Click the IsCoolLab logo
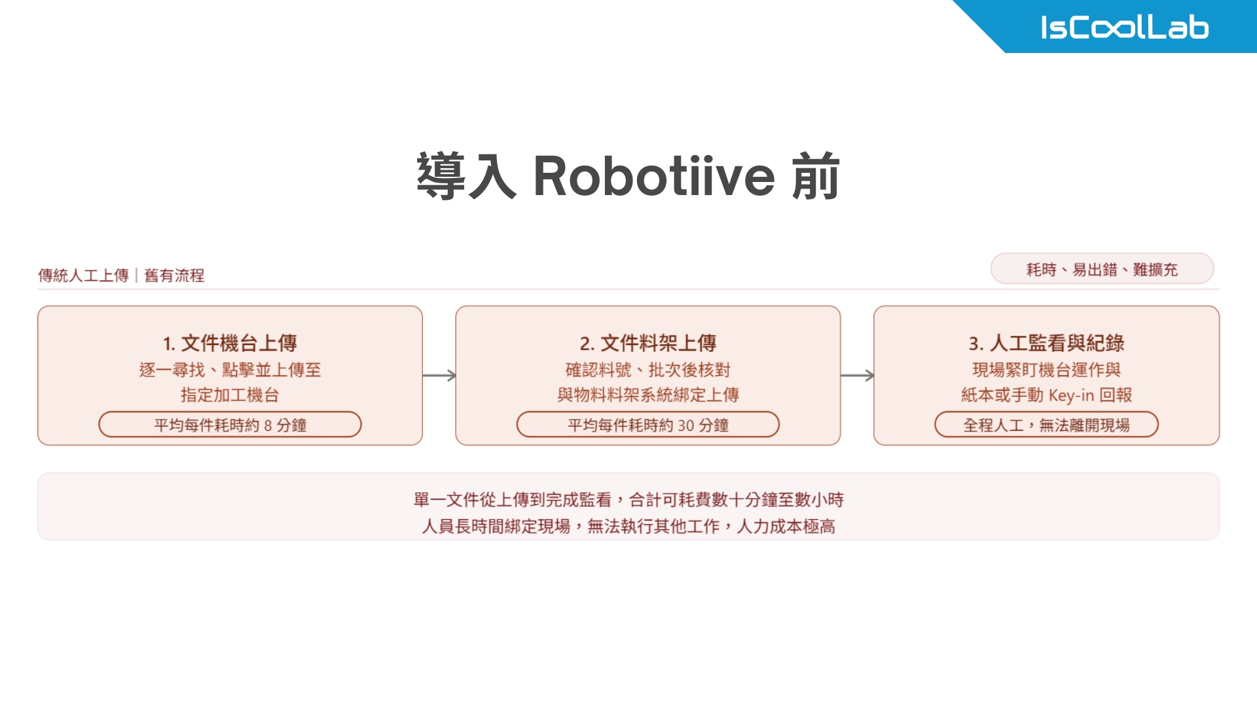(x=1124, y=27)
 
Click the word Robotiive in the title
(x=654, y=176)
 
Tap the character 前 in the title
(x=815, y=176)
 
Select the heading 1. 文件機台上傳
(x=230, y=343)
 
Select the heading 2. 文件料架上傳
(x=647, y=343)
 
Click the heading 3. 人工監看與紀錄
(x=1046, y=343)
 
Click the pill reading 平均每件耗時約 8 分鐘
(x=230, y=425)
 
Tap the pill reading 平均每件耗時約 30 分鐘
(x=647, y=425)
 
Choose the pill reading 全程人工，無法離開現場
(x=1046, y=425)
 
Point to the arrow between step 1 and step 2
(x=439, y=375)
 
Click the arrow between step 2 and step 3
(x=857, y=375)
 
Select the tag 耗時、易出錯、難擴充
(x=1102, y=269)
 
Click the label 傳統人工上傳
(x=83, y=276)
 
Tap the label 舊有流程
(x=174, y=276)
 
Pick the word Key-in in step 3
(x=1071, y=395)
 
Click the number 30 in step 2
(x=685, y=426)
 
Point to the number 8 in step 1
(x=268, y=426)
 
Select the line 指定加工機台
(x=230, y=395)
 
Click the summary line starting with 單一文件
(x=628, y=500)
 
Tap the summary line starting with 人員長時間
(x=628, y=526)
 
